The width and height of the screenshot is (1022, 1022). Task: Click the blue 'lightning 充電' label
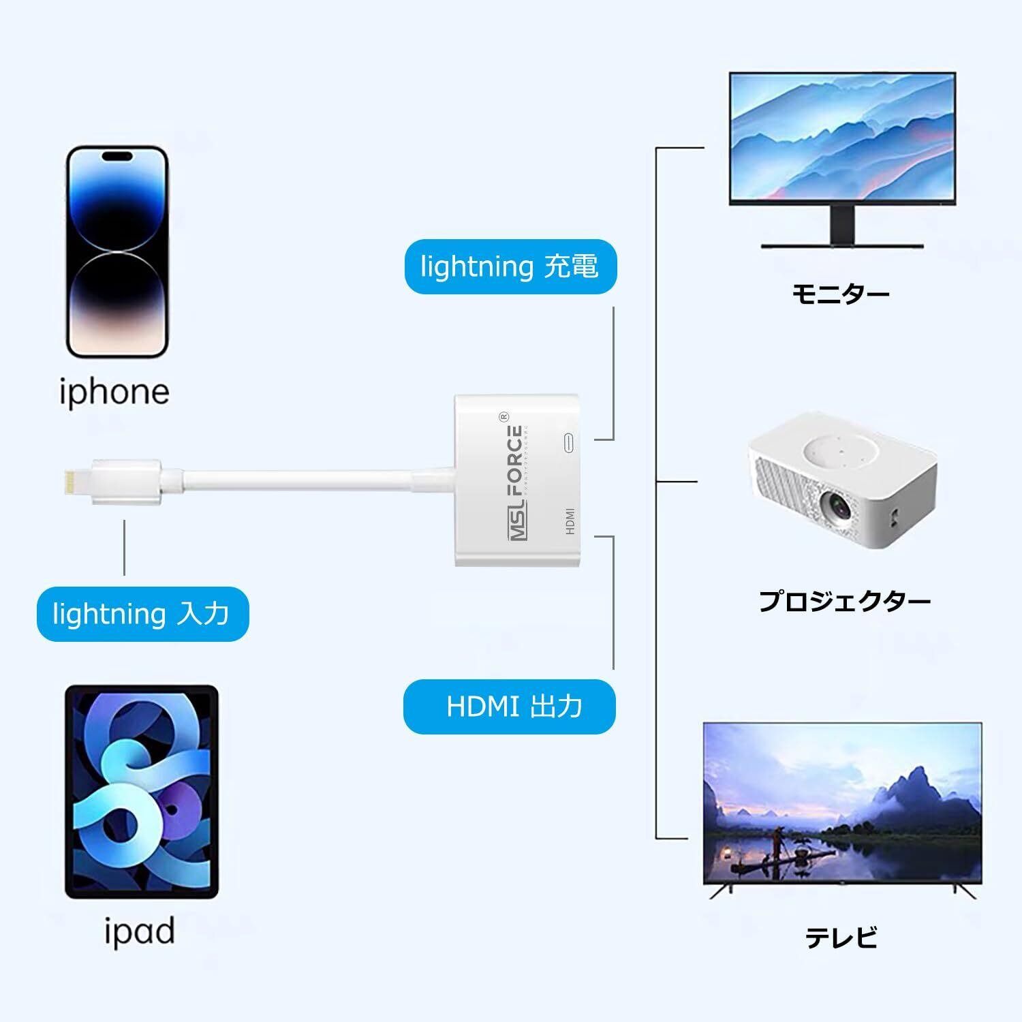click(x=510, y=266)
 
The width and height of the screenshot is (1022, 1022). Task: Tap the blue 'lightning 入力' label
click(x=142, y=614)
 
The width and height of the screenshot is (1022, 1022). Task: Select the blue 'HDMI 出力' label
click(x=510, y=707)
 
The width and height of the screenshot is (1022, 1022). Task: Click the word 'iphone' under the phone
click(x=114, y=392)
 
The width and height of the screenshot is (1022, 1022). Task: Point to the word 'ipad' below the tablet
click(x=139, y=931)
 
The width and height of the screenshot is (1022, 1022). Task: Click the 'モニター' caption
click(x=840, y=294)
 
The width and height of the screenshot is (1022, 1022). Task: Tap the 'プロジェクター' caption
click(x=845, y=602)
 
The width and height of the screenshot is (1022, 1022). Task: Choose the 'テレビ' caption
click(x=841, y=938)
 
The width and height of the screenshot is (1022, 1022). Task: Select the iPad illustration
click(x=142, y=792)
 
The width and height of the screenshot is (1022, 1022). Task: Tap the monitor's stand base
click(x=842, y=245)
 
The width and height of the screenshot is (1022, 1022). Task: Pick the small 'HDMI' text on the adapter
click(x=570, y=521)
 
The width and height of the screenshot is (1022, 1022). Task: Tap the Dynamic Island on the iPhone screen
click(x=117, y=156)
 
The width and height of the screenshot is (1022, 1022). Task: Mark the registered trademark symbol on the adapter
click(x=505, y=416)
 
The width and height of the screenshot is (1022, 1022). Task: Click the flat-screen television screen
click(x=842, y=803)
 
